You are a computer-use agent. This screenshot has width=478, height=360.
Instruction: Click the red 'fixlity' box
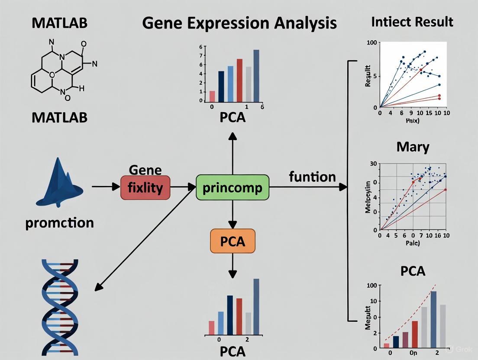[145, 188]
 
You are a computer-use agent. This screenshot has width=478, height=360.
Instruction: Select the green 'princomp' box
[232, 187]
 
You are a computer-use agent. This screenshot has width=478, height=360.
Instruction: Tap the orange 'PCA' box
[233, 241]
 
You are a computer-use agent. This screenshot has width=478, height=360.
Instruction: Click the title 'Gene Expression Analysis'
[239, 22]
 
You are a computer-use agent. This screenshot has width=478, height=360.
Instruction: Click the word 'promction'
[60, 223]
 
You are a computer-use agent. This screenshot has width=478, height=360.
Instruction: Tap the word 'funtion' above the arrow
[312, 177]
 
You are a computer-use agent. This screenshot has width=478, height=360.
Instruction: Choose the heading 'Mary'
[413, 147]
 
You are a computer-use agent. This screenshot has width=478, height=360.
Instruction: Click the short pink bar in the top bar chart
[212, 96]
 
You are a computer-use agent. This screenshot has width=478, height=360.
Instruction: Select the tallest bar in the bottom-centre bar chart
[256, 307]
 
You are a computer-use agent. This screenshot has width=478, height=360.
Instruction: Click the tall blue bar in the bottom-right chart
[433, 319]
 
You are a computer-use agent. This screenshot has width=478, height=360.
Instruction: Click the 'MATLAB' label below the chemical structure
[59, 117]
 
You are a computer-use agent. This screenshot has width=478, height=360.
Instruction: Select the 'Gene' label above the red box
[145, 170]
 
